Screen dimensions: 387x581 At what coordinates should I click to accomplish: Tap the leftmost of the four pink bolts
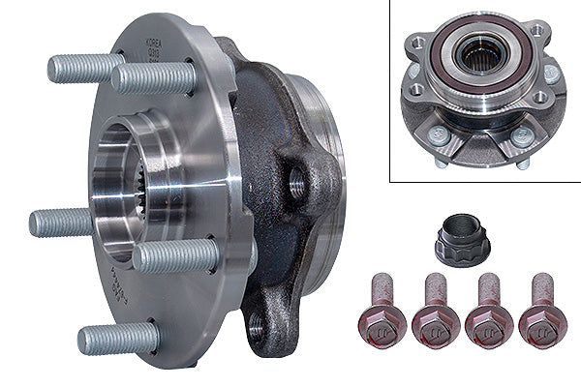[x=385, y=311]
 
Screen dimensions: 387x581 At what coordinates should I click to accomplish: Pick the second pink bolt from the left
[x=434, y=311]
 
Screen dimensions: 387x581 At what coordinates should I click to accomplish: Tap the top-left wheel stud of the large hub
[x=81, y=68]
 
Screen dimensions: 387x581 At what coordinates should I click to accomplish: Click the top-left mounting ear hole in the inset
[x=417, y=43]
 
